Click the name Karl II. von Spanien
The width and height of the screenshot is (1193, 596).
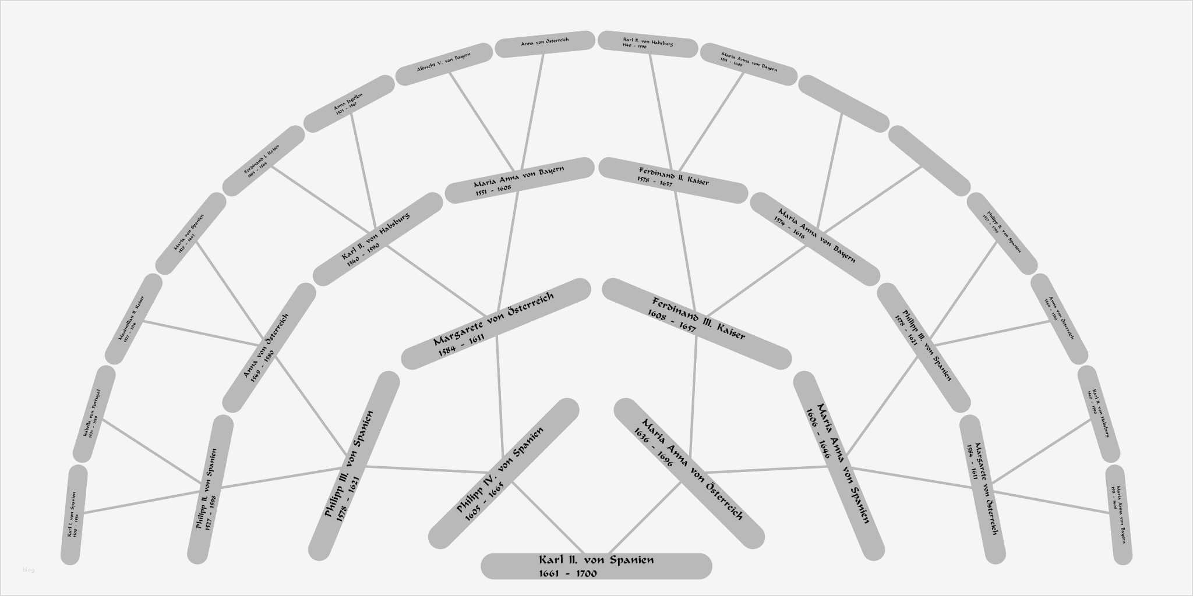[596, 560]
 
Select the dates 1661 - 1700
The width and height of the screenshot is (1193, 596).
[568, 574]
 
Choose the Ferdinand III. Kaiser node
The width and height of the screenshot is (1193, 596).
[697, 324]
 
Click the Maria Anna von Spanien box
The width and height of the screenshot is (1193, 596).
[839, 466]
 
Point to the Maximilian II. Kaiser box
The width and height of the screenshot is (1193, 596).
[133, 319]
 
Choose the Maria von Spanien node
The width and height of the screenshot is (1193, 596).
[190, 233]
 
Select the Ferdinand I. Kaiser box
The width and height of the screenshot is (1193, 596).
[263, 161]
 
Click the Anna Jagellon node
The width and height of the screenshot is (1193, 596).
[349, 104]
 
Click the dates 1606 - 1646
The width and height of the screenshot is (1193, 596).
[818, 434]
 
